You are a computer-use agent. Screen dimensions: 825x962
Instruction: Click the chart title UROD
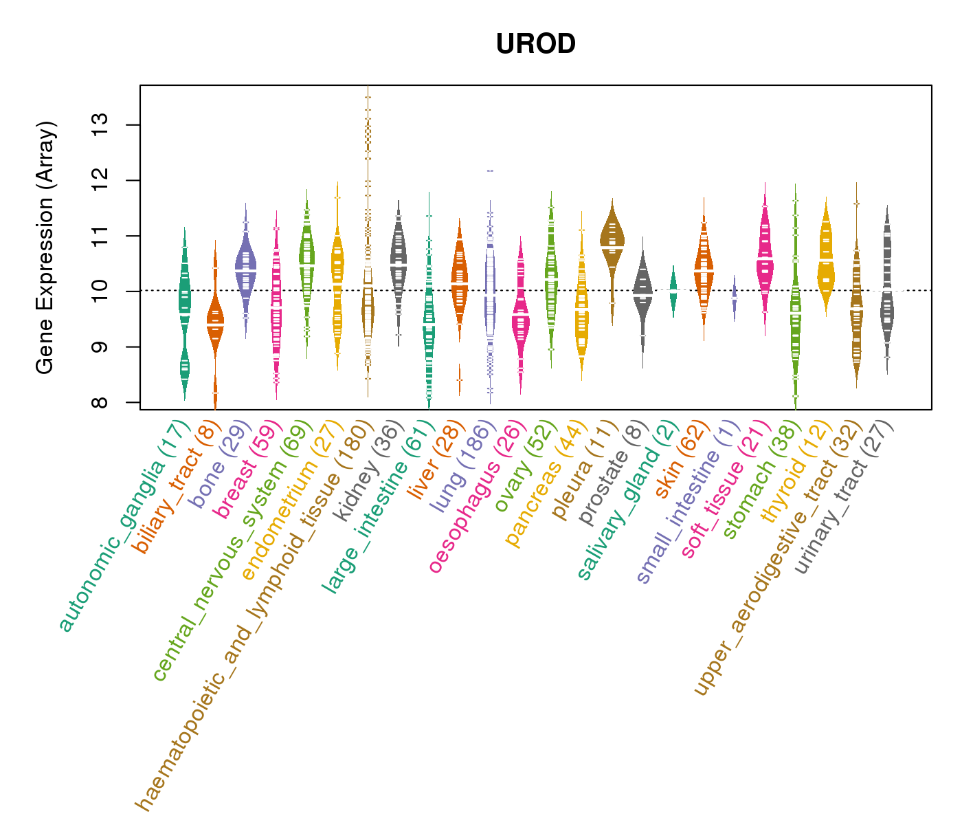[535, 45]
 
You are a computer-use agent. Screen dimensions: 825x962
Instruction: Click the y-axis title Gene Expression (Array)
[45, 247]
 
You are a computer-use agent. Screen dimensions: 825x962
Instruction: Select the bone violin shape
[245, 268]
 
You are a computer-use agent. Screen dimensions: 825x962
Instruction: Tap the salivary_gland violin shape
[673, 290]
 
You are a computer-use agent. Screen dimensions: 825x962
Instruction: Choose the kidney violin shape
[398, 261]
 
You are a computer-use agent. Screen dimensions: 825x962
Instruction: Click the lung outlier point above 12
[490, 170]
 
